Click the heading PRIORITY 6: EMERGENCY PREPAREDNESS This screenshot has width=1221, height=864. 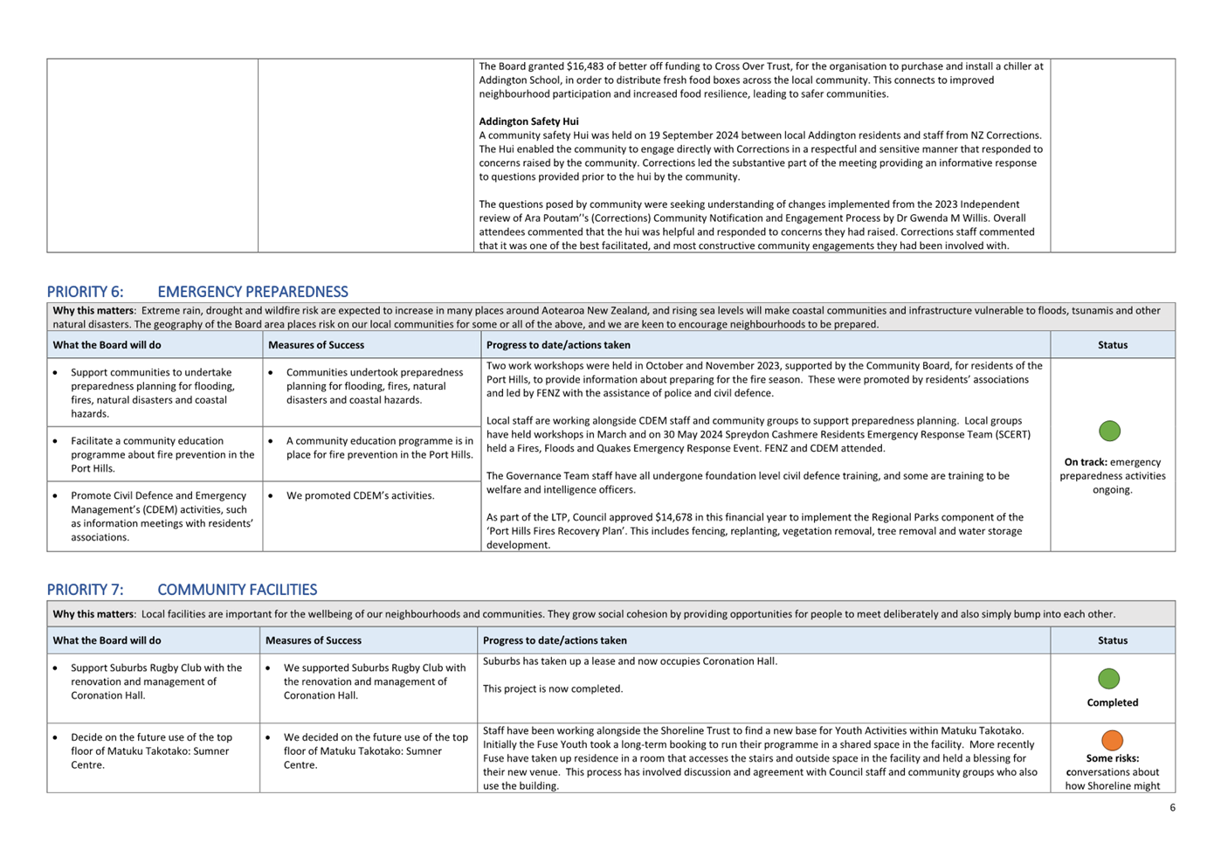[x=197, y=292]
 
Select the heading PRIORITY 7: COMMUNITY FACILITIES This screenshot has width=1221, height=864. [x=182, y=590]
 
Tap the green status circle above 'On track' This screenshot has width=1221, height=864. [x=1109, y=431]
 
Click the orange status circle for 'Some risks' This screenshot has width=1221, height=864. [x=1112, y=741]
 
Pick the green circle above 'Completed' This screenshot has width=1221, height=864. [x=1108, y=679]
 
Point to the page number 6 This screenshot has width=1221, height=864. [x=1172, y=808]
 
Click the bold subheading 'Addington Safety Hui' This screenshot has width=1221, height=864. [x=528, y=121]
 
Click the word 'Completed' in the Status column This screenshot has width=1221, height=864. [x=1112, y=702]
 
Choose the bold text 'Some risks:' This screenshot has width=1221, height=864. [x=1112, y=758]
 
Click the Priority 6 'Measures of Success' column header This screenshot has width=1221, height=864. [x=316, y=345]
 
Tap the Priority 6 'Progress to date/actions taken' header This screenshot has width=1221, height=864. [x=558, y=345]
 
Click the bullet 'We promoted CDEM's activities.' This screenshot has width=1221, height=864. [x=360, y=495]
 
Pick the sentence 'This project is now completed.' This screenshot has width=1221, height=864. [x=553, y=688]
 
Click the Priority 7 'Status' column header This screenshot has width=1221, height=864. [x=1112, y=640]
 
